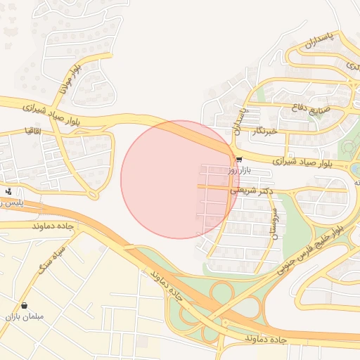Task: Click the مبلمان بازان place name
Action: click(x=25, y=317)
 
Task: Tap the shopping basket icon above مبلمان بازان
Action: click(x=25, y=306)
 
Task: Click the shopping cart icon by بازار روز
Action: click(x=240, y=160)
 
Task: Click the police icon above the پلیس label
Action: click(x=8, y=191)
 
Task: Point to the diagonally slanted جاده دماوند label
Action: click(x=166, y=286)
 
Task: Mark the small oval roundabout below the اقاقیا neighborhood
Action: click(x=92, y=195)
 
